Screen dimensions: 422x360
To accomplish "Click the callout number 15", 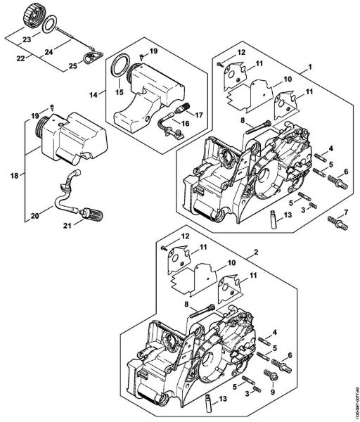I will point(118,91).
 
